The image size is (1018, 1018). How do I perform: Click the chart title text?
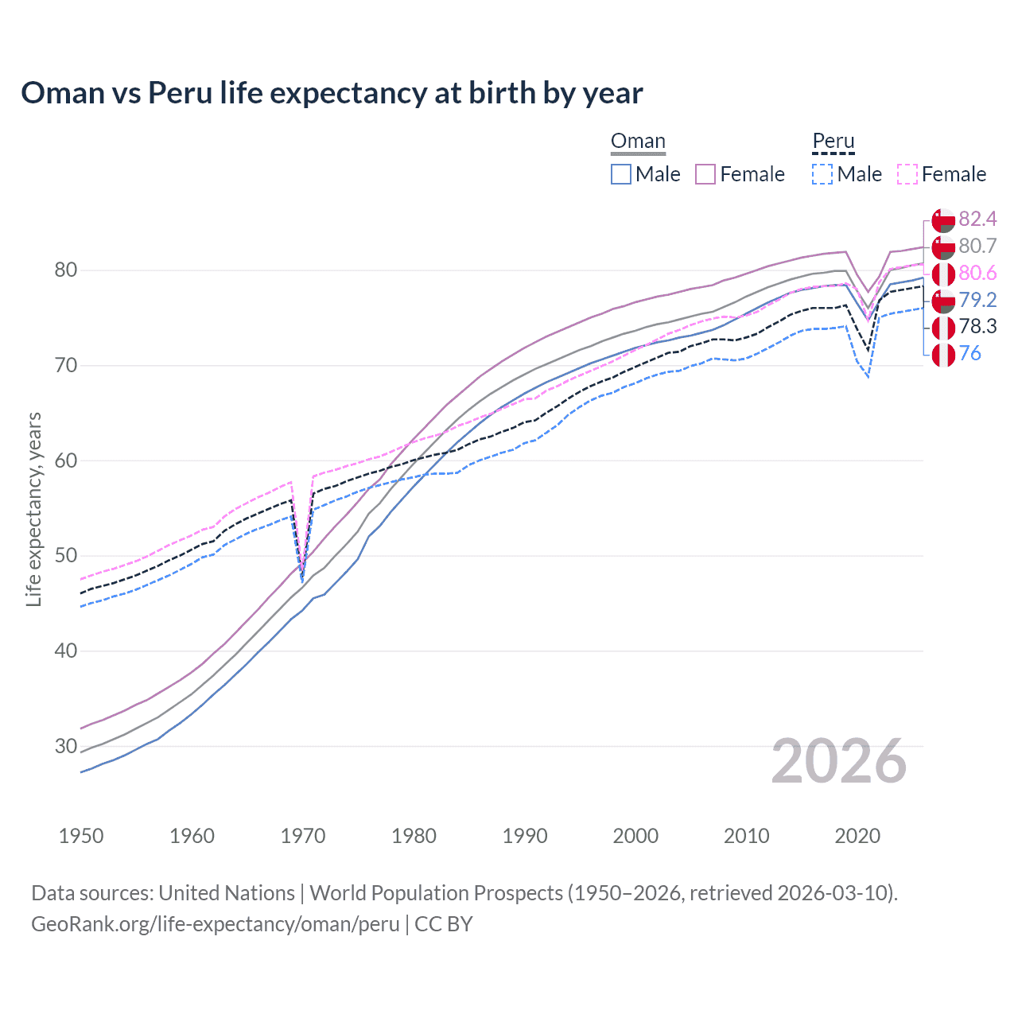[x=332, y=93]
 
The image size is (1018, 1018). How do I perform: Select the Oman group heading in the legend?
[x=638, y=142]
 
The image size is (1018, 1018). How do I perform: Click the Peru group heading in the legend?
[x=833, y=142]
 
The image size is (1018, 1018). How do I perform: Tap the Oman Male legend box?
[x=621, y=174]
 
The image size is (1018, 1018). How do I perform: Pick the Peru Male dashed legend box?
[x=822, y=174]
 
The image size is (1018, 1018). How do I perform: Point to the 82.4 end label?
[x=977, y=220]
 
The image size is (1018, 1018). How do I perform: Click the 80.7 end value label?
[x=977, y=247]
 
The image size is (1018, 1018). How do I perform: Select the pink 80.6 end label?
[x=977, y=274]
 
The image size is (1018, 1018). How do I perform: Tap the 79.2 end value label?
[x=977, y=300]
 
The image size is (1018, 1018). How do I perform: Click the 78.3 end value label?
[x=977, y=327]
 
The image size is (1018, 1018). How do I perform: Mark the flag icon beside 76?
[x=943, y=355]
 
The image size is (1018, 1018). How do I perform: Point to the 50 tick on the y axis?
[x=65, y=555]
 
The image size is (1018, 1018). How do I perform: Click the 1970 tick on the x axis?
[x=303, y=836]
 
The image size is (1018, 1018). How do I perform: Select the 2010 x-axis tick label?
[x=746, y=836]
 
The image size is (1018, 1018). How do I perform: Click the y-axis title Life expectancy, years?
[x=34, y=509]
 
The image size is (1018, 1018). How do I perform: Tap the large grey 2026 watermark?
[x=839, y=762]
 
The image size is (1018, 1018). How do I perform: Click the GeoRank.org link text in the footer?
[x=215, y=924]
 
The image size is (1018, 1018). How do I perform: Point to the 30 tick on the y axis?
[x=65, y=746]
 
